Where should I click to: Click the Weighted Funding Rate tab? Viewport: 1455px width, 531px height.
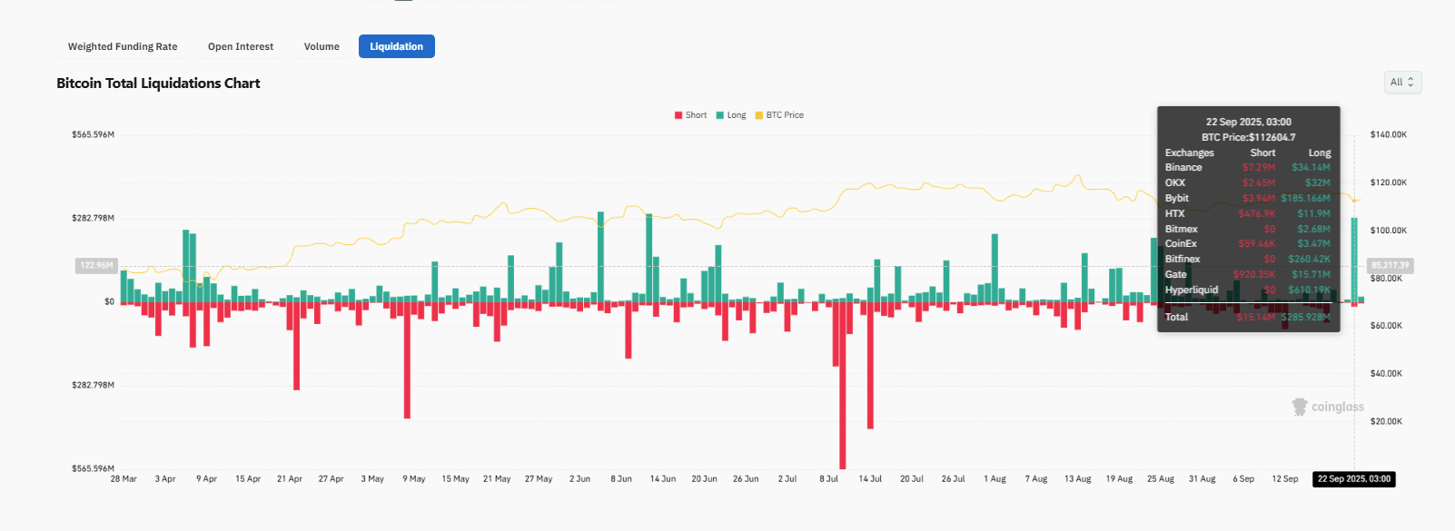123,46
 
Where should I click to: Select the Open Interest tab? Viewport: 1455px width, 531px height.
241,46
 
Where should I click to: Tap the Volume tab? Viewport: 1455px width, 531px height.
322,46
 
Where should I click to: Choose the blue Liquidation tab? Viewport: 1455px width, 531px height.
396,46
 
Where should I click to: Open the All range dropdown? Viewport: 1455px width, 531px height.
1402,83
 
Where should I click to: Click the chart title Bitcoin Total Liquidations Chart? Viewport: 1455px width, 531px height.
158,84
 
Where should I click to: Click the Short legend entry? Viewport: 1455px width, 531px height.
690,115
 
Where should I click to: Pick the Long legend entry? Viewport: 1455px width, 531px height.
731,115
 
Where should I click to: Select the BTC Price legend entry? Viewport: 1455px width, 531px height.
779,115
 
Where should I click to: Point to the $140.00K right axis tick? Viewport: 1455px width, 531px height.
1388,134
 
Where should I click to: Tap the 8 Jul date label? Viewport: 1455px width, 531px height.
828,478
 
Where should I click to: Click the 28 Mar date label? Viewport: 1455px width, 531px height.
124,478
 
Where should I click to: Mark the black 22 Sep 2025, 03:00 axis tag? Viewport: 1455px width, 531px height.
1353,478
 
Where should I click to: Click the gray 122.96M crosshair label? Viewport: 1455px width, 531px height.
96,265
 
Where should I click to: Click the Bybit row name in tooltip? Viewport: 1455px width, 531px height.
1177,198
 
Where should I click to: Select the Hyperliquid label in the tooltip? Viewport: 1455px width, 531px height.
1192,290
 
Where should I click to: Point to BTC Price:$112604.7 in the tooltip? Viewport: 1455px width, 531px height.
1248,137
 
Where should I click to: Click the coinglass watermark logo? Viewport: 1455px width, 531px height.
1328,407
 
